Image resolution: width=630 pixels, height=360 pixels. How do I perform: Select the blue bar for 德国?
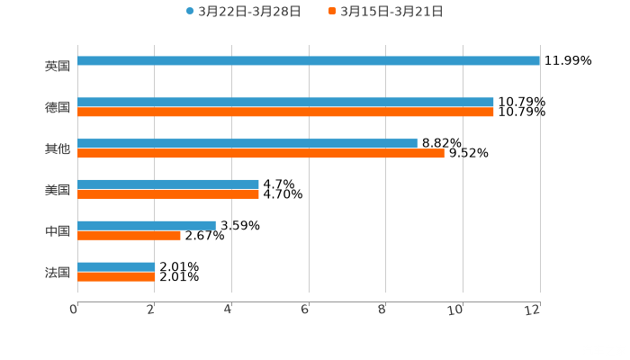(285, 103)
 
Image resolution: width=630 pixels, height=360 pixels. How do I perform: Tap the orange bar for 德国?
(285, 112)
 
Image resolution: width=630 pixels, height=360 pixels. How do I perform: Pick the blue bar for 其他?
(247, 144)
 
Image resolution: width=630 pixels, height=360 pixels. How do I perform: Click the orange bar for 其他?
(261, 154)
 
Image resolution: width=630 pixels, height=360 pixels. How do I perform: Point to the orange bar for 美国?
(168, 193)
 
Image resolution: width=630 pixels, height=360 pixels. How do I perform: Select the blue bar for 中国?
(147, 225)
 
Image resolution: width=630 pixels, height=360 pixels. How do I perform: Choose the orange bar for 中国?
(129, 236)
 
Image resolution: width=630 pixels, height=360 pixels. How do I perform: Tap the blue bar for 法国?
(116, 266)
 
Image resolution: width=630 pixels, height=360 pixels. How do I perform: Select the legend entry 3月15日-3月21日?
(391, 12)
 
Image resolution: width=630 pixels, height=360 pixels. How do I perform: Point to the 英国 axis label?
(57, 66)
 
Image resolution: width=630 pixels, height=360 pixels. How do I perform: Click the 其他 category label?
(57, 148)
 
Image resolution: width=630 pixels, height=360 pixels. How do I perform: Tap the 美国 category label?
(57, 190)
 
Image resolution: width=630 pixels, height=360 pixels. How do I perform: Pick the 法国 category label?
(57, 272)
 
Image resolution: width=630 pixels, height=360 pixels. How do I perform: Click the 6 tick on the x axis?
(306, 310)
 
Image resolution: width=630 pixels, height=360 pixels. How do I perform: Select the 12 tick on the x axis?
(535, 310)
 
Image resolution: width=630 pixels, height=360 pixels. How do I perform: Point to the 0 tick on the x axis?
(75, 310)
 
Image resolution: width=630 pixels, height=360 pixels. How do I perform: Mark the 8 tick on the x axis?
(382, 310)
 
